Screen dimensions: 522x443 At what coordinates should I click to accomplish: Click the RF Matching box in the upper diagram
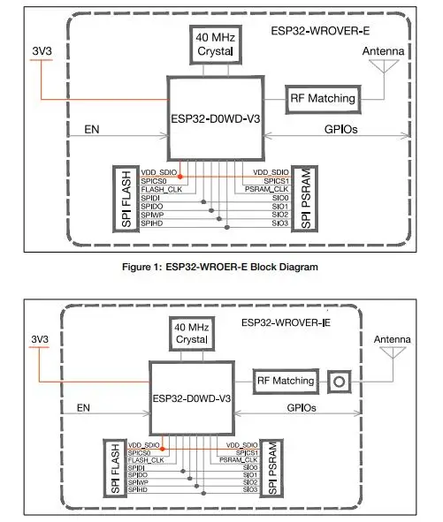click(322, 99)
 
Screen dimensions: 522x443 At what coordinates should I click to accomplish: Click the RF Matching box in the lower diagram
click(285, 382)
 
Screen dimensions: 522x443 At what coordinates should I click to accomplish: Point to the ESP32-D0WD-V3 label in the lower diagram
click(193, 397)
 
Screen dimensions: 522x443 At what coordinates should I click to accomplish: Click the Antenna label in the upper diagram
click(383, 52)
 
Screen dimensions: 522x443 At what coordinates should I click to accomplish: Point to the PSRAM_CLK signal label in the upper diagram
click(267, 189)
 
